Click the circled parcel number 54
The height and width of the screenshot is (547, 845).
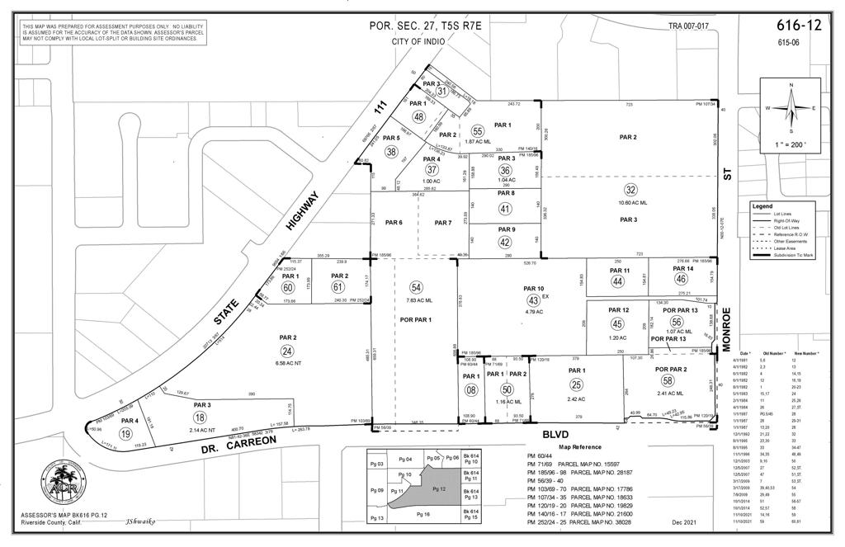tap(416, 286)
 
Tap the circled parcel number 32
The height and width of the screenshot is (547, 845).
tap(630, 189)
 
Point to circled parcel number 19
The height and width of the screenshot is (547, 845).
tap(126, 433)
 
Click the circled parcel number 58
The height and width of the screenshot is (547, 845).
tap(668, 380)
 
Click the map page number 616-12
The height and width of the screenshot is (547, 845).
tap(800, 25)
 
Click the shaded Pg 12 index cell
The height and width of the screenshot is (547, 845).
tap(438, 489)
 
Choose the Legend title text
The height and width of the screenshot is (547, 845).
tap(762, 205)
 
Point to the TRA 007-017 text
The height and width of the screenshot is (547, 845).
tap(688, 26)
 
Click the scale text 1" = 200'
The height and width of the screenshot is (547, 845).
tap(791, 144)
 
